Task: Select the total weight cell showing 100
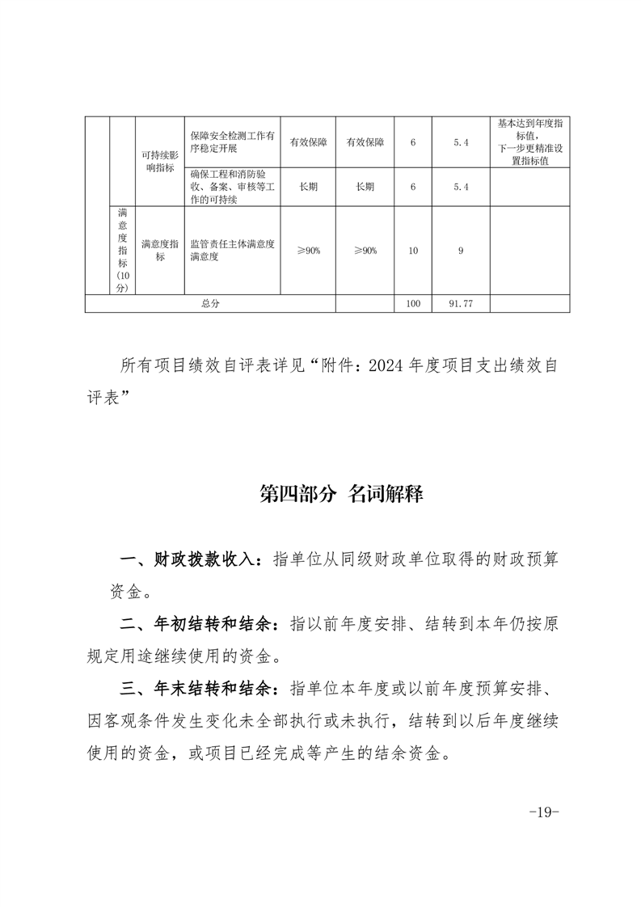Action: pyautogui.click(x=413, y=303)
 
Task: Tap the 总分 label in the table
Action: pyautogui.click(x=211, y=303)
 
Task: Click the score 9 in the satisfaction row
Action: pyautogui.click(x=461, y=251)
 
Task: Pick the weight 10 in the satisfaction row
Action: pyautogui.click(x=413, y=251)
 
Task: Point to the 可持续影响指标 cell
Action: pyautogui.click(x=159, y=162)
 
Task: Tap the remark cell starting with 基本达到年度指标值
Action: pyautogui.click(x=530, y=142)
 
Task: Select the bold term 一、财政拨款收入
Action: pyautogui.click(x=192, y=559)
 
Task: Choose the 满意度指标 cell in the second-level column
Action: pyautogui.click(x=159, y=251)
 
